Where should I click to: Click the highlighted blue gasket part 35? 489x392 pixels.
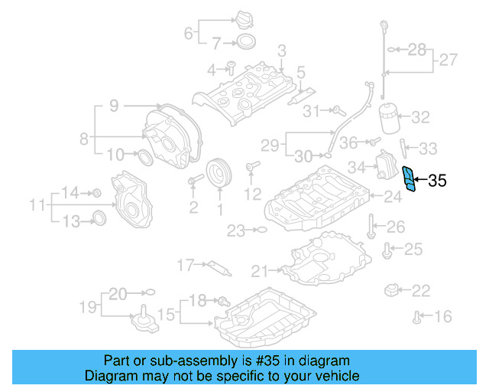pyautogui.click(x=411, y=180)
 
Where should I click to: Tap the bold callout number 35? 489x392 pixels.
pyautogui.click(x=437, y=181)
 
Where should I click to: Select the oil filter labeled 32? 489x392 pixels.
pyautogui.click(x=393, y=118)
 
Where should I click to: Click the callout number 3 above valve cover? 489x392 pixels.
pyautogui.click(x=280, y=51)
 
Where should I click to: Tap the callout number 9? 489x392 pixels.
pyautogui.click(x=113, y=107)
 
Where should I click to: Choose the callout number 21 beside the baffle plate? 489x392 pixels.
pyautogui.click(x=260, y=269)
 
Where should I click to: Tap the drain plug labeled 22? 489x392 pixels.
pyautogui.click(x=393, y=291)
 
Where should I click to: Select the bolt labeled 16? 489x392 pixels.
pyautogui.click(x=417, y=315)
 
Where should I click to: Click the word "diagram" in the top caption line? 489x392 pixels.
pyautogui.click(x=326, y=361)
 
